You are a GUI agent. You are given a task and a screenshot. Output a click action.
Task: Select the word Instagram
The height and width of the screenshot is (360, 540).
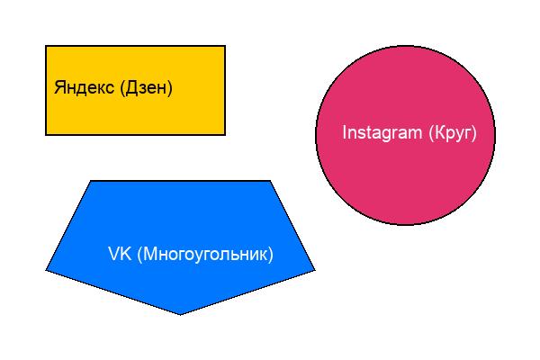[x=382, y=133]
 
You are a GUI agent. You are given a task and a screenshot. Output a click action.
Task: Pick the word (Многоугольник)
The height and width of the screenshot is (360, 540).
[x=204, y=255]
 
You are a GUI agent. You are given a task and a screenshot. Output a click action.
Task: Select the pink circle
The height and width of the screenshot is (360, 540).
[x=405, y=180]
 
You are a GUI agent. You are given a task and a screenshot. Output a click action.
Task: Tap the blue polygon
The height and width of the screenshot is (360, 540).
[x=180, y=216]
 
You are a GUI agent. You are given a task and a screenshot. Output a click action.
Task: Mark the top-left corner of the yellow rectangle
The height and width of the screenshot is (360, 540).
[x=46, y=46]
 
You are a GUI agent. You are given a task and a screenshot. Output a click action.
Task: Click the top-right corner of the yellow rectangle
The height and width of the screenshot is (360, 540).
[x=225, y=46]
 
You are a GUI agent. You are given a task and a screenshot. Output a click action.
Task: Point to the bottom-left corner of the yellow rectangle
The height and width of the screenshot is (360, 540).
[x=46, y=134]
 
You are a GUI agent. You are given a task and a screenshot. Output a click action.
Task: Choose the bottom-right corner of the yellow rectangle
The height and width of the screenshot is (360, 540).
[x=225, y=134]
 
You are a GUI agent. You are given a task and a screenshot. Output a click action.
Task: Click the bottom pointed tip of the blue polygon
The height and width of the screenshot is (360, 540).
[x=180, y=314]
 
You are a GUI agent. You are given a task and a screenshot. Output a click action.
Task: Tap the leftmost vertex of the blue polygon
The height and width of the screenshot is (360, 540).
[x=46, y=269]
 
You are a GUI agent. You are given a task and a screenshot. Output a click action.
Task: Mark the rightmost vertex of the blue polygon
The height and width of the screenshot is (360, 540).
[x=315, y=269]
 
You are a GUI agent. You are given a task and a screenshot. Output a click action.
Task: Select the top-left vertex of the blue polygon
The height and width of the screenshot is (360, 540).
[x=91, y=181]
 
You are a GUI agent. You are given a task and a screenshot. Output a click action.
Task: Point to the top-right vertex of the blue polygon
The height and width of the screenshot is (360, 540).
[x=270, y=181]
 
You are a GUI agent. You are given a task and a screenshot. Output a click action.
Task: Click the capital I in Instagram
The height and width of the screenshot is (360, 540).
[x=345, y=132]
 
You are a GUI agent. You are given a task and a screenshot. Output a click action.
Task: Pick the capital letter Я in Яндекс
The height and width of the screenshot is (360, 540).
[x=59, y=88]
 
